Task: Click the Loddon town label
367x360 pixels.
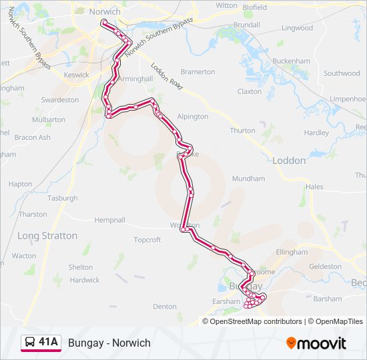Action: click(x=289, y=161)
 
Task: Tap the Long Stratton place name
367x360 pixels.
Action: click(x=47, y=236)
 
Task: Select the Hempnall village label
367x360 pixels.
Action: click(x=109, y=219)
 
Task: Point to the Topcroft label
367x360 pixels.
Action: click(x=147, y=240)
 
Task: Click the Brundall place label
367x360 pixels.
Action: click(x=247, y=25)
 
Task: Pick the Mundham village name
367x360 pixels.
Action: click(x=248, y=179)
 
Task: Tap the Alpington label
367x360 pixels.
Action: click(x=193, y=117)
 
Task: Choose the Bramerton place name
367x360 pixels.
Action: click(x=198, y=72)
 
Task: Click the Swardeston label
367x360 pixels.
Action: click(x=60, y=100)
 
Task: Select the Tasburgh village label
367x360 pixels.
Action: click(x=62, y=198)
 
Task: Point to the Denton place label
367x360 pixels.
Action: click(x=164, y=307)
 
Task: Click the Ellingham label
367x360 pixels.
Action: click(x=291, y=253)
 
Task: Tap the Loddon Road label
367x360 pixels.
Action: click(x=166, y=77)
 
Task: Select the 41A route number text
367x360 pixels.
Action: click(x=49, y=343)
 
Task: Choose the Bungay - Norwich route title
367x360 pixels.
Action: click(x=109, y=343)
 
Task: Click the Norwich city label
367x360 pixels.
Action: click(x=105, y=12)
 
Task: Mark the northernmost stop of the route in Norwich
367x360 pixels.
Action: click(x=103, y=22)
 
